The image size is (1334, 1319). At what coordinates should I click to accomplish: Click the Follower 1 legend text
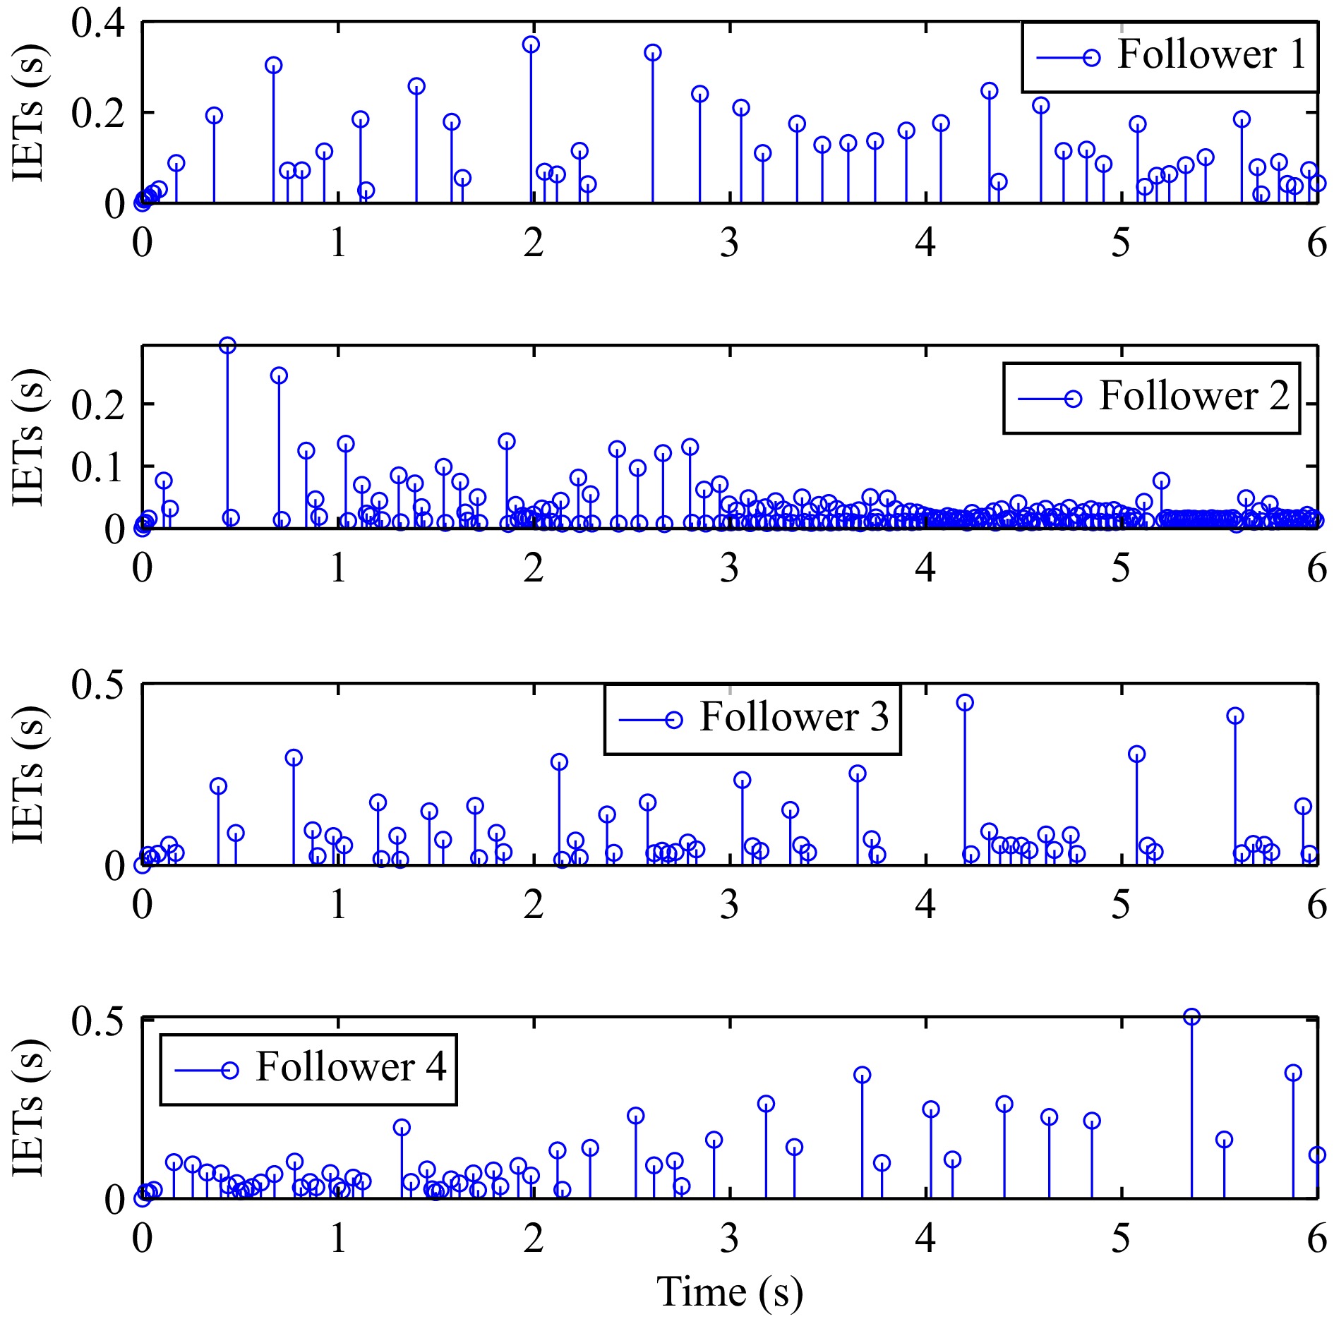click(1211, 55)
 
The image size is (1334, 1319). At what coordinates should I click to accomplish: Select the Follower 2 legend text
click(1193, 396)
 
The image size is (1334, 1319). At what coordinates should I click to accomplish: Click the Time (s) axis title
click(729, 1291)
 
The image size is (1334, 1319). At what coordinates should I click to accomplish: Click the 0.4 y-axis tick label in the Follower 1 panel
click(97, 23)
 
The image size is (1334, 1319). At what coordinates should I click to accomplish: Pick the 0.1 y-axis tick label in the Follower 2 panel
click(97, 466)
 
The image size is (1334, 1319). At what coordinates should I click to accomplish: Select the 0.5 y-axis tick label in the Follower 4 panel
click(97, 1020)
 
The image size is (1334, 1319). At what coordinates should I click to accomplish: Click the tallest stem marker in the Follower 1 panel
click(531, 45)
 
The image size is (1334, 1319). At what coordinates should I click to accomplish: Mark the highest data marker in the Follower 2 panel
click(227, 346)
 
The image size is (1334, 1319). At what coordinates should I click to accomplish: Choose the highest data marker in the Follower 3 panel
click(965, 703)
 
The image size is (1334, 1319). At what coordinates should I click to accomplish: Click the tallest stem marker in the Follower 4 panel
click(1191, 1017)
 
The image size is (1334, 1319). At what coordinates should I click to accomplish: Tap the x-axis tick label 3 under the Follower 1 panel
click(729, 243)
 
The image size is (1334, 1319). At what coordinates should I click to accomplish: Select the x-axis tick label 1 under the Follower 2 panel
click(338, 568)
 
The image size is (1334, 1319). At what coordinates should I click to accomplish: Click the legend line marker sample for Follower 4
click(207, 1071)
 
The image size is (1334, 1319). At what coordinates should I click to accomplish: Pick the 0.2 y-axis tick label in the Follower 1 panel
click(97, 113)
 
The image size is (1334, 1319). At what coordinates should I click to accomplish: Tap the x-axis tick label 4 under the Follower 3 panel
click(925, 905)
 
